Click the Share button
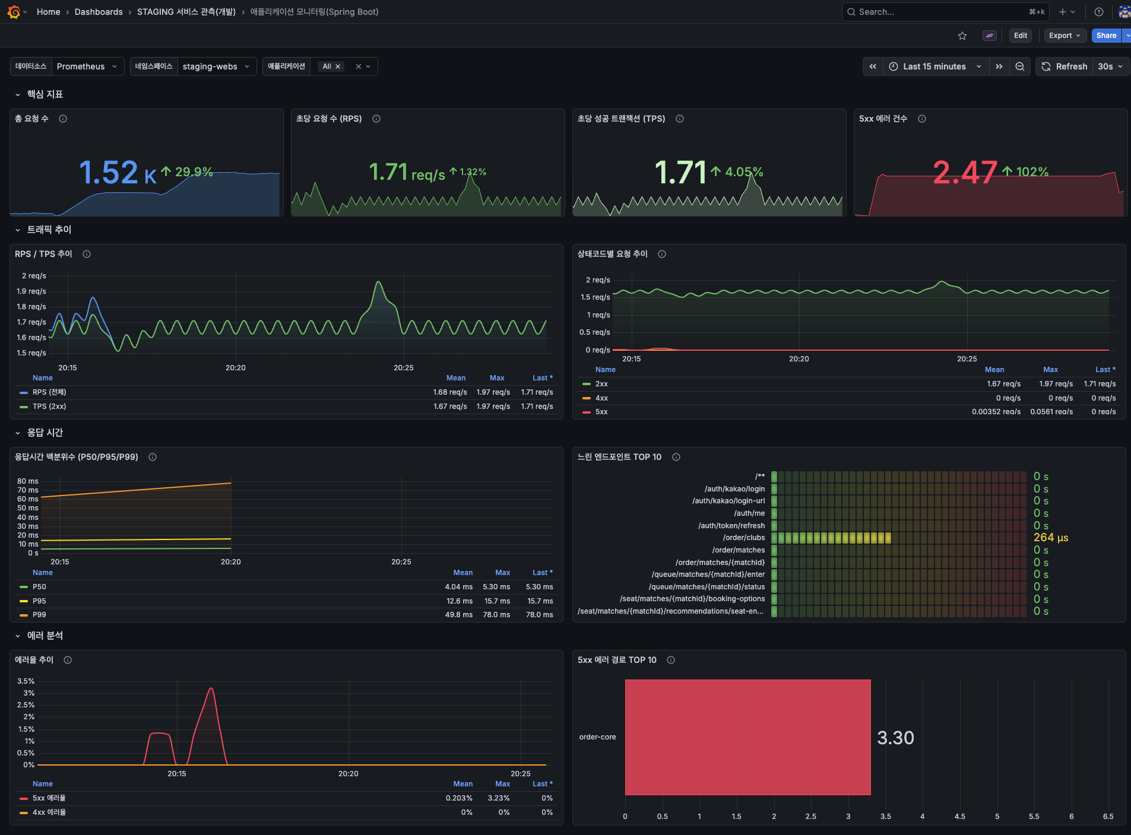click(1105, 36)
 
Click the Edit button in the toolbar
click(1020, 36)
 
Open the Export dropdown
click(1065, 36)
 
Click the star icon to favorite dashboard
click(962, 36)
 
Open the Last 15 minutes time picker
click(934, 66)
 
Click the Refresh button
click(1065, 66)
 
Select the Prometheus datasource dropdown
click(87, 66)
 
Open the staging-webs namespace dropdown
click(216, 66)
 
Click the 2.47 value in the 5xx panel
click(964, 173)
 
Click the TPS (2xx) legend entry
click(49, 407)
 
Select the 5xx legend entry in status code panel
click(601, 412)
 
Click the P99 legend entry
click(39, 615)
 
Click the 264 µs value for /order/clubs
click(1050, 538)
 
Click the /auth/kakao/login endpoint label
click(734, 489)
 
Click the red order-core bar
click(747, 737)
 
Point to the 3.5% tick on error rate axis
click(26, 681)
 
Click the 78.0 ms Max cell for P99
click(496, 615)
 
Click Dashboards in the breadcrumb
click(99, 12)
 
